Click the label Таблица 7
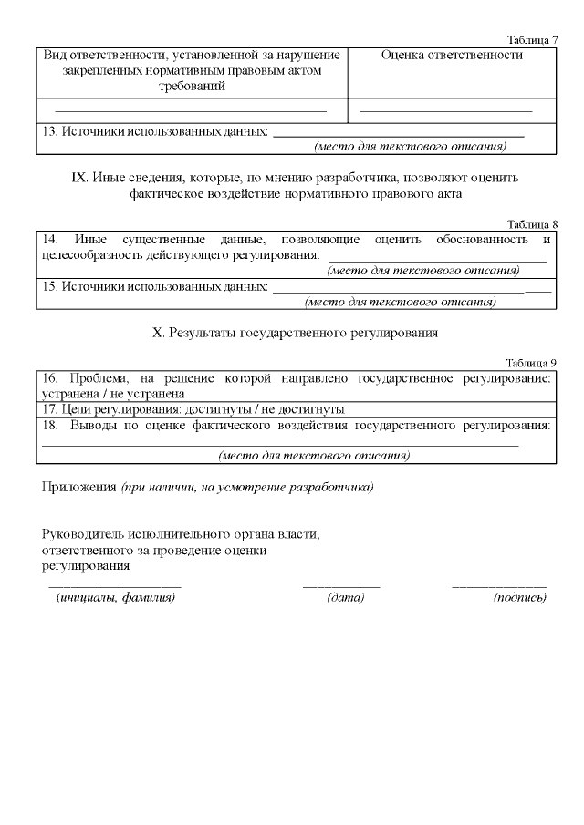532,40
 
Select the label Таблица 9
532,362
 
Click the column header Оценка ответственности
452,56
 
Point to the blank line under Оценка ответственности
446,110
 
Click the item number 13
51,132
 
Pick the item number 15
51,286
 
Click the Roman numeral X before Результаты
156,333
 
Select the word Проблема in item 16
99,377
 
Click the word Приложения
79,487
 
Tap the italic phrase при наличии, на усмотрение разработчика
247,487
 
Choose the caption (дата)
345,598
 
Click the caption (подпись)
519,598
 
